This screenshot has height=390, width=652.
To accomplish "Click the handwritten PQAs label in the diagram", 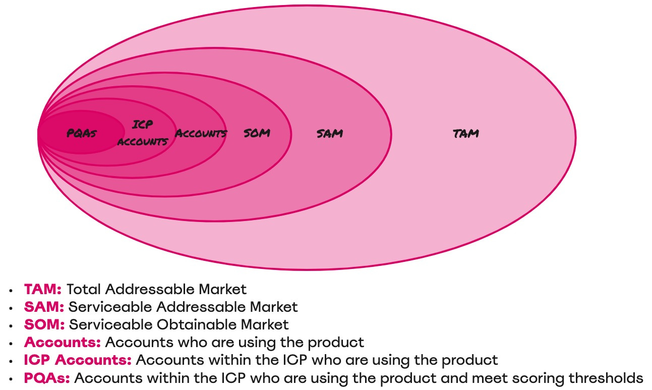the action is click(x=82, y=134).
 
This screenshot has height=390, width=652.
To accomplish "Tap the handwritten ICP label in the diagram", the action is click(x=143, y=124).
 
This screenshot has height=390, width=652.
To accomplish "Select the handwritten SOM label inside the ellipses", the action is click(x=257, y=133).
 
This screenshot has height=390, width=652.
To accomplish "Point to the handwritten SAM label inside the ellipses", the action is click(x=330, y=134).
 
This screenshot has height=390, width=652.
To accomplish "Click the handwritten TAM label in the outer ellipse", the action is click(x=465, y=134).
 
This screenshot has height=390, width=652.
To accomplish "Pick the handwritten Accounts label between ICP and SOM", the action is click(x=201, y=134).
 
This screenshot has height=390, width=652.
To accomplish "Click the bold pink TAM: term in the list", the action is click(x=43, y=290).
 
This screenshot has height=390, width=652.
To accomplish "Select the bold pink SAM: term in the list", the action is click(x=44, y=307).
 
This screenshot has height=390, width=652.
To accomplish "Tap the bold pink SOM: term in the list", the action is click(x=44, y=324).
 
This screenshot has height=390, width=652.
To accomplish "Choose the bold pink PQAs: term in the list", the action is click(x=47, y=377).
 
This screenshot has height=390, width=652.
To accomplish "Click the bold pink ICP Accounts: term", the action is click(x=78, y=360).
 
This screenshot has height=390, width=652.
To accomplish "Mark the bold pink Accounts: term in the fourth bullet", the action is click(x=63, y=342).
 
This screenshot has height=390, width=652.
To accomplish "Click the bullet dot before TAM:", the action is click(x=11, y=291).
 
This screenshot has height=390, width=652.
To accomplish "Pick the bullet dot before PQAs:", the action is click(x=11, y=378).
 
